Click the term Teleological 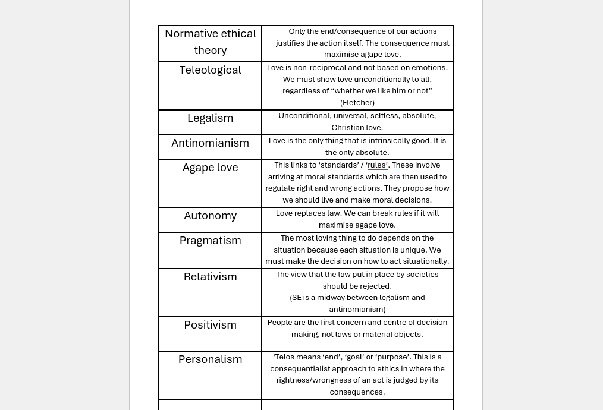click(x=210, y=70)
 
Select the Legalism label click(x=210, y=118)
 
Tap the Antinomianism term click(x=210, y=143)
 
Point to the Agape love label click(x=210, y=168)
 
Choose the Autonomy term click(x=210, y=216)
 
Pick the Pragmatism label click(x=210, y=241)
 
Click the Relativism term click(x=210, y=277)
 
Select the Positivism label click(x=210, y=325)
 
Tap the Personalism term click(x=210, y=359)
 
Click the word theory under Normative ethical click(x=210, y=51)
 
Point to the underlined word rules click(x=376, y=165)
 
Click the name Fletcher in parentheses click(x=357, y=103)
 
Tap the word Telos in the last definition click(x=284, y=357)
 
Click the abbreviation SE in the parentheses click(x=296, y=298)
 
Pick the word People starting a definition click(x=279, y=323)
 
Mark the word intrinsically click(x=388, y=141)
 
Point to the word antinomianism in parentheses click(x=357, y=310)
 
